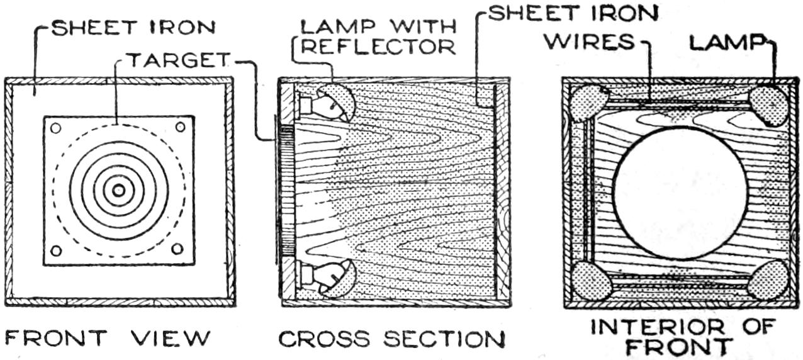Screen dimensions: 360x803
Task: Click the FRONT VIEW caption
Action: [108, 338]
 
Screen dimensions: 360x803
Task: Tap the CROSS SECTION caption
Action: [391, 339]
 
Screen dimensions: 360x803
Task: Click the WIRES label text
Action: [590, 42]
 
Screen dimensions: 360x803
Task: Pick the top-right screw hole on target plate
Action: [180, 127]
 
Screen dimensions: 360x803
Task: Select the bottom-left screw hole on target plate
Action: [56, 250]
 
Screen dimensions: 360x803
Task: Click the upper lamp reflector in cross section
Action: [337, 103]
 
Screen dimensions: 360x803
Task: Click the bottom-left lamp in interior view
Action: [591, 281]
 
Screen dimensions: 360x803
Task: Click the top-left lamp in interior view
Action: [588, 103]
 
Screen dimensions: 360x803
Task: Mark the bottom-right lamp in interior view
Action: [768, 279]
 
